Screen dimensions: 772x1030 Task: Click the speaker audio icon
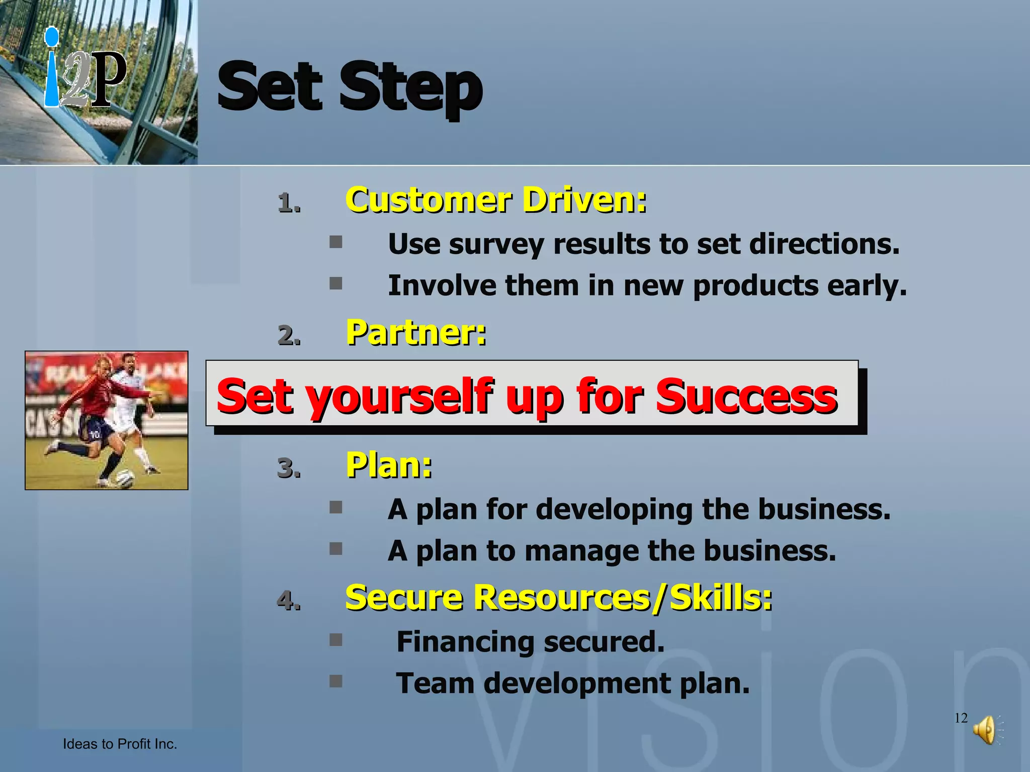986,730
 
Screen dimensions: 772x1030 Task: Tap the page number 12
961,718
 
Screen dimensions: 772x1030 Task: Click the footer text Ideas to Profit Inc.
120,744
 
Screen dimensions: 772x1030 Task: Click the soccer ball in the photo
123,477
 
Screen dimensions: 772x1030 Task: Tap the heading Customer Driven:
496,200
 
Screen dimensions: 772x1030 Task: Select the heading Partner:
416,333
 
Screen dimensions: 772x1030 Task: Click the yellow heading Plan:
389,465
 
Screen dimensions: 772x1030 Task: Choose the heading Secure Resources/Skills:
558,598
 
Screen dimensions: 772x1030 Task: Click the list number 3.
289,468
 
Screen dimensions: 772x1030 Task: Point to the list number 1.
289,204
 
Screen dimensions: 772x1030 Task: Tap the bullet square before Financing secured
336,640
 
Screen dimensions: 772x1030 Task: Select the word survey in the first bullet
496,244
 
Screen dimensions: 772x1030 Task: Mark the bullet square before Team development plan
336,682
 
